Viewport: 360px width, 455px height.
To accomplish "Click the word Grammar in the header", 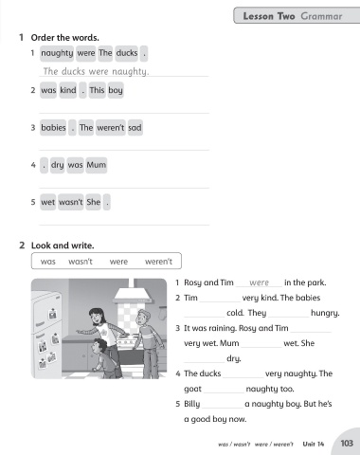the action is pyautogui.click(x=321, y=16).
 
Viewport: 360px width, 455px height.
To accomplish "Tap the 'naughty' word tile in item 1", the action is pyautogui.click(x=57, y=53).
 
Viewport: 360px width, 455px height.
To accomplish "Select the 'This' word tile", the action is pyautogui.click(x=97, y=90).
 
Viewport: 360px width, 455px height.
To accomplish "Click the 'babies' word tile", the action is pyautogui.click(x=53, y=128).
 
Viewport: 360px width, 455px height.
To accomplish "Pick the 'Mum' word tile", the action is pyautogui.click(x=97, y=165).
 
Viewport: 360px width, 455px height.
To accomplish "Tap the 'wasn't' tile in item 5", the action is pyautogui.click(x=71, y=202).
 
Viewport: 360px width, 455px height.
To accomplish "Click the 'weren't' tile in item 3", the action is pyautogui.click(x=111, y=128).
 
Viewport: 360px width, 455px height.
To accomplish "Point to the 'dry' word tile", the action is pyautogui.click(x=57, y=165).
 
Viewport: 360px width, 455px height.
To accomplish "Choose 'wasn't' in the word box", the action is pyautogui.click(x=81, y=262).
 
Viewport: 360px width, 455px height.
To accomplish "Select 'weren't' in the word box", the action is pyautogui.click(x=158, y=262).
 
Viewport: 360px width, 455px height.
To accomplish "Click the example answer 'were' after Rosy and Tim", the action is pyautogui.click(x=259, y=282).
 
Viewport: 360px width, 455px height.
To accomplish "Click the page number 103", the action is pyautogui.click(x=347, y=444).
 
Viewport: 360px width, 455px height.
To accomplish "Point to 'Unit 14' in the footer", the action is pyautogui.click(x=314, y=444).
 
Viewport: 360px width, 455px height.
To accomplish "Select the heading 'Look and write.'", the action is pyautogui.click(x=63, y=246).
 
